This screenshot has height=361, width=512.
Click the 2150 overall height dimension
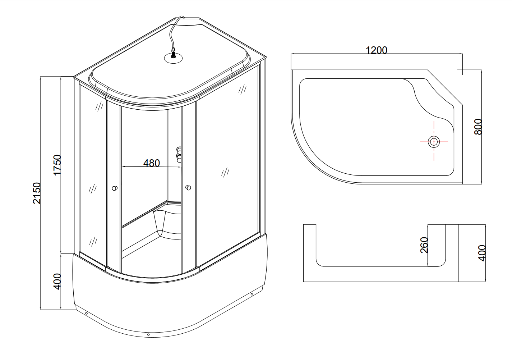pos(37,193)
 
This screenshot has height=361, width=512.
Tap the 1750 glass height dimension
pos(57,165)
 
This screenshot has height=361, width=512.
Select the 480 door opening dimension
pos(151,163)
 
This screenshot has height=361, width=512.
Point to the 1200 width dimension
pos(377,50)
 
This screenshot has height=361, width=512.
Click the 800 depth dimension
pos(478,127)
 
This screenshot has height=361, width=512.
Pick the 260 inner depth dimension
pos(424,245)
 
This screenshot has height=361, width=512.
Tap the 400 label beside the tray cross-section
pos(482,253)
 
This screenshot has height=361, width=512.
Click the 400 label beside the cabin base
pos(57,282)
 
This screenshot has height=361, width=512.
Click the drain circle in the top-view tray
pos(434,142)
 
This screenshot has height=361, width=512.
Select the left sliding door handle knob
pos(115,188)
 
